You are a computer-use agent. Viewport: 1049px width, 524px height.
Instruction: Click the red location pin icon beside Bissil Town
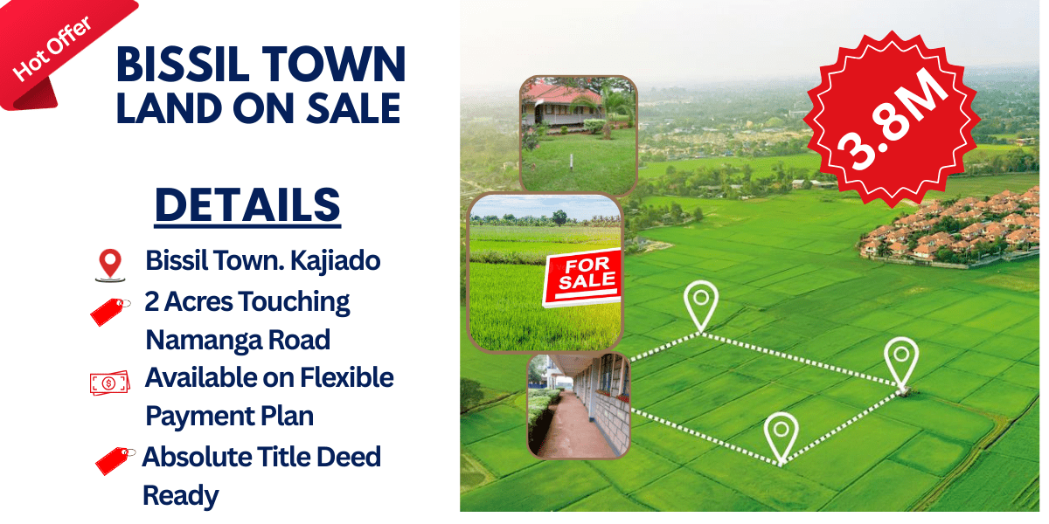[x=108, y=264]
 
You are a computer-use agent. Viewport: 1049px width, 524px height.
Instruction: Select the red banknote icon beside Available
[x=109, y=383]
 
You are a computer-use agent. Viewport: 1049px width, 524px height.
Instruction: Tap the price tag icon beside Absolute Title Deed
[x=115, y=459]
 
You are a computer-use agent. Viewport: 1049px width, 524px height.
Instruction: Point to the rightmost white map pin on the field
[x=901, y=362]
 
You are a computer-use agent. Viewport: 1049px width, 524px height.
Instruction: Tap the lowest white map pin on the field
[x=781, y=437]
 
